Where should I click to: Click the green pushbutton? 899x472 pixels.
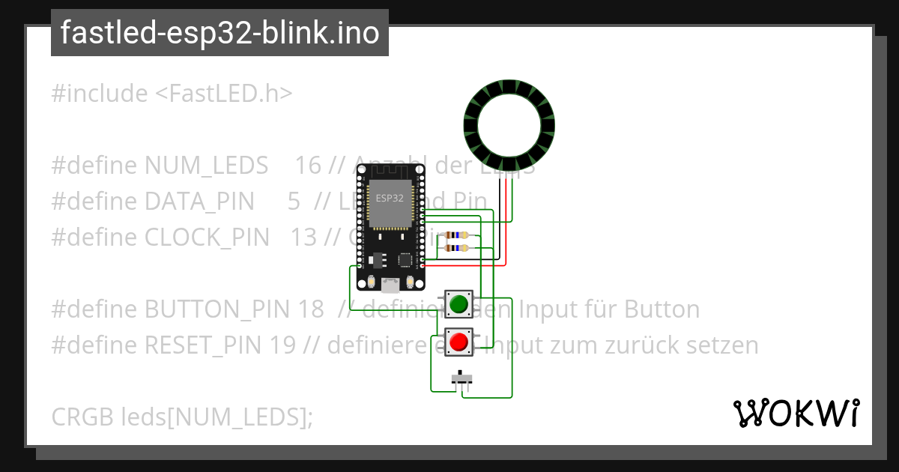(x=458, y=304)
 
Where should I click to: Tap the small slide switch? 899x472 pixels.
(x=462, y=378)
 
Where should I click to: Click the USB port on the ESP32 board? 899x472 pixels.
(x=390, y=285)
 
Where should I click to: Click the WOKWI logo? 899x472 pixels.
(x=796, y=413)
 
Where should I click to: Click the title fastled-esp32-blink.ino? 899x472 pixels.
(x=220, y=33)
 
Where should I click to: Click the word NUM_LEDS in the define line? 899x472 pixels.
(x=207, y=166)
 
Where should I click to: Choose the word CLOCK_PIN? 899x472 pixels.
(x=207, y=237)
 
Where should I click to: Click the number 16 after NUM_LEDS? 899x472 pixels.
(x=308, y=166)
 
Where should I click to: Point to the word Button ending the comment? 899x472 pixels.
(x=662, y=309)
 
